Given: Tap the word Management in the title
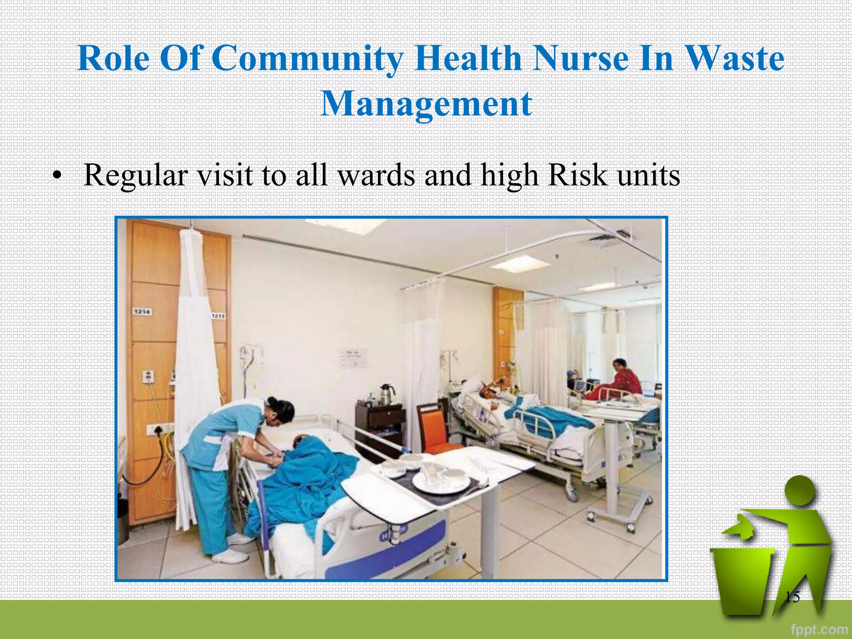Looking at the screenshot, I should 426,104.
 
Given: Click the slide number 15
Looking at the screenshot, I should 792,597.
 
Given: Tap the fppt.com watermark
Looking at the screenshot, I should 819,629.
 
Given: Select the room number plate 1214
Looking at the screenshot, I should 142,312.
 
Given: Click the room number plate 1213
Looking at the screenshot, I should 218,316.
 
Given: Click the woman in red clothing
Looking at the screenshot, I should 620,381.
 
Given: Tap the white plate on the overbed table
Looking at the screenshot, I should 441,483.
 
